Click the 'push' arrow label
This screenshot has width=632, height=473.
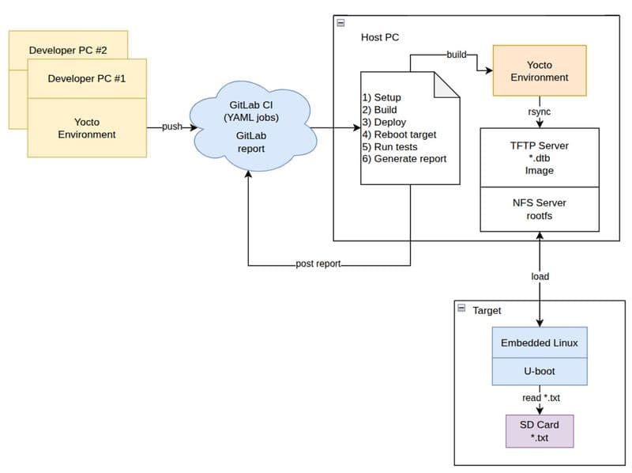pos(172,127)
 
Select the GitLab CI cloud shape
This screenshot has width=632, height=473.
pos(253,126)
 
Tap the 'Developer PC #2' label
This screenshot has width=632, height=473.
pos(68,50)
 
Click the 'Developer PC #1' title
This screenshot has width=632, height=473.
pos(87,78)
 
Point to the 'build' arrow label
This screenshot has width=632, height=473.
pos(457,55)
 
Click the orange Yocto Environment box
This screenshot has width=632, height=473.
pos(540,70)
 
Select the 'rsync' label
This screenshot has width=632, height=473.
pos(540,112)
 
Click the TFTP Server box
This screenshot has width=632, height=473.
pos(540,157)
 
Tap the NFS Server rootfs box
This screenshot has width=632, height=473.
pos(540,209)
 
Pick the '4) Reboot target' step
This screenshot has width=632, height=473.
pos(399,134)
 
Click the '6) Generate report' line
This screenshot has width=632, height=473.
pos(404,159)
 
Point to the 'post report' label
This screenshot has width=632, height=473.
pos(318,263)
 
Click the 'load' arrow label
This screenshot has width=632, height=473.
pos(540,277)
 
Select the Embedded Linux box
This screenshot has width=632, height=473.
pos(540,342)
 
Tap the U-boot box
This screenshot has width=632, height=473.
pos(540,371)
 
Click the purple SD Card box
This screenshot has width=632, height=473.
pos(540,431)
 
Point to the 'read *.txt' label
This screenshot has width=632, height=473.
pos(541,398)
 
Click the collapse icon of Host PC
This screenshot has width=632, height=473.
pos(340,23)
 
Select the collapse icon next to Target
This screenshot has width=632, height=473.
pos(461,308)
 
